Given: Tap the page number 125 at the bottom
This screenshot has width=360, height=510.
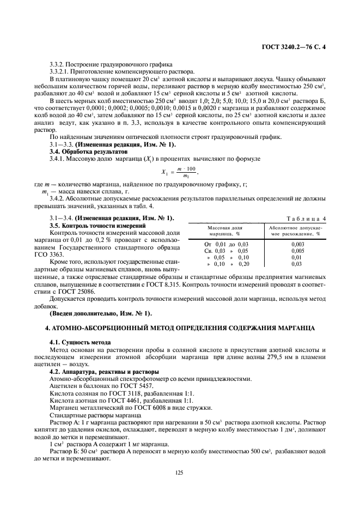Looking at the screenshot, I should pos(179,473).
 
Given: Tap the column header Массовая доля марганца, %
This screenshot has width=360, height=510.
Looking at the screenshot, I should pos(225,229).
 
